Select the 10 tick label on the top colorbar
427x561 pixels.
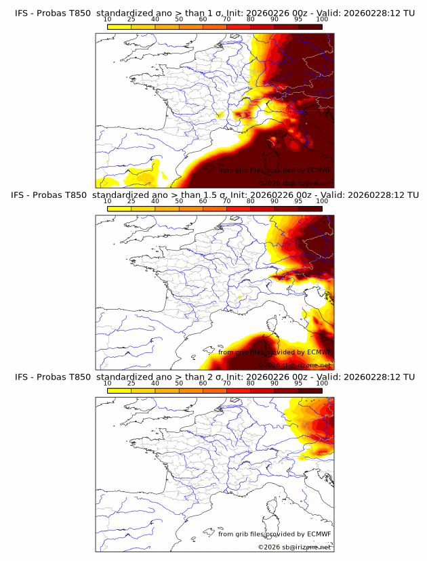coord(108,20)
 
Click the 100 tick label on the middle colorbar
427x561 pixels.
coord(322,201)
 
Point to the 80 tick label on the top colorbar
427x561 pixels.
coord(251,20)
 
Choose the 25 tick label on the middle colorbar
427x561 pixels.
coord(131,201)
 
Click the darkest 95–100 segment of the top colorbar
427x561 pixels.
coord(310,26)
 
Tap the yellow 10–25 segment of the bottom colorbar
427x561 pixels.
coord(119,390)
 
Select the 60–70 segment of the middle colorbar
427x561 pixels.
coord(215,208)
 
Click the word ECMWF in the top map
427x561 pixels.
coord(319,170)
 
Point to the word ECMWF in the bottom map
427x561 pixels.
coord(319,534)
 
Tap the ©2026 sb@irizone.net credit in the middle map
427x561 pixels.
coord(294,365)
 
